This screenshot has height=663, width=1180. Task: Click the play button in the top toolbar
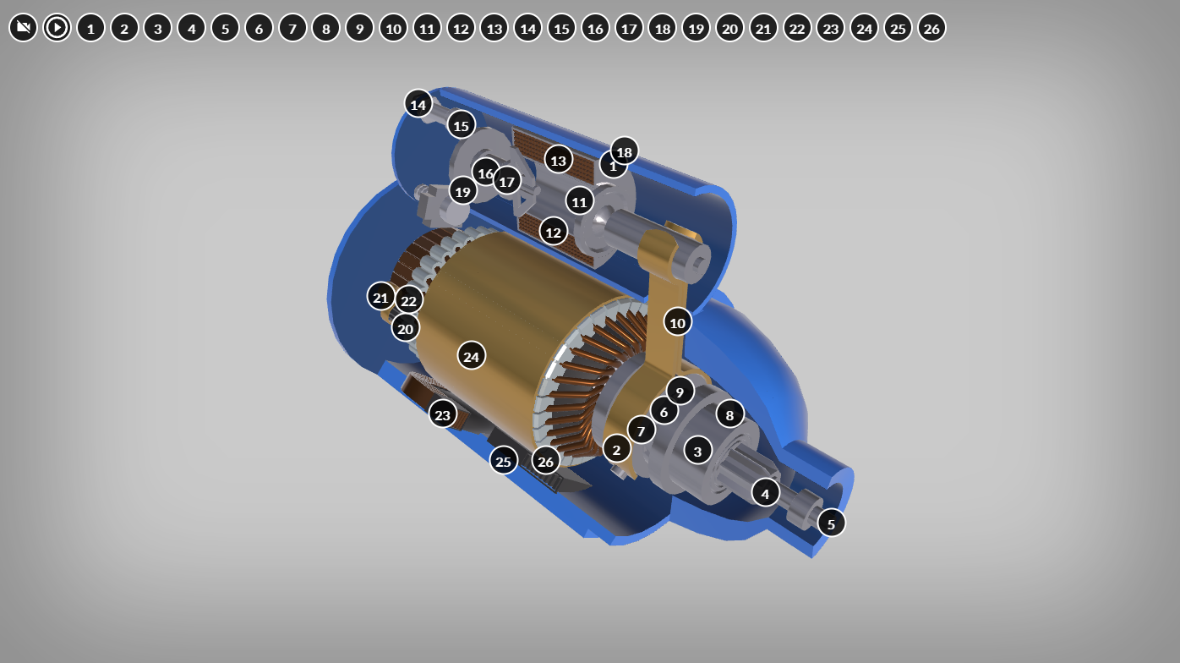click(x=57, y=27)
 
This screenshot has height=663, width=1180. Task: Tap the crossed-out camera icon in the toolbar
click(x=23, y=27)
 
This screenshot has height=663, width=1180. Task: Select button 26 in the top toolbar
click(x=931, y=28)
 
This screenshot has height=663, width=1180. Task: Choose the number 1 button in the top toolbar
click(x=90, y=28)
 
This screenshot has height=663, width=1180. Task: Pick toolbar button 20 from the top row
click(x=729, y=28)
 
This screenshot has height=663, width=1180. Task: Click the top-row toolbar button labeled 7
click(x=292, y=28)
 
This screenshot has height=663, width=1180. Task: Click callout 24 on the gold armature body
click(x=472, y=356)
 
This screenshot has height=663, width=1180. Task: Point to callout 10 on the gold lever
click(x=677, y=322)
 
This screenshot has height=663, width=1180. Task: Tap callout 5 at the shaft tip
click(x=831, y=523)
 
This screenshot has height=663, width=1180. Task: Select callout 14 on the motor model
click(x=418, y=104)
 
